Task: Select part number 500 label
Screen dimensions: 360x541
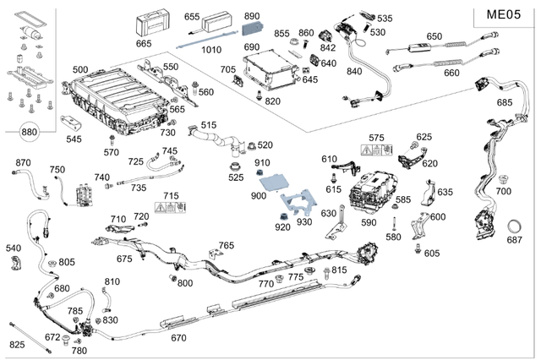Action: (x=80, y=69)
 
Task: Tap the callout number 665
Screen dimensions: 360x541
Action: (x=144, y=43)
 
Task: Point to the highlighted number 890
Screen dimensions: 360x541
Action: (x=252, y=16)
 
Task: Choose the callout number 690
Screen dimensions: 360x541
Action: (x=252, y=47)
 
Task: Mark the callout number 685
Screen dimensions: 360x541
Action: (x=505, y=102)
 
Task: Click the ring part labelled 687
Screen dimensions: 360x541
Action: (x=514, y=226)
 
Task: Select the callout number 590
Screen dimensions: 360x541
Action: (x=369, y=222)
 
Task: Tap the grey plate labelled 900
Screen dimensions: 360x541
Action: (x=275, y=180)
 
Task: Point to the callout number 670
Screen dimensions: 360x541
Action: (x=178, y=337)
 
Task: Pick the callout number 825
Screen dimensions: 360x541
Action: (x=17, y=345)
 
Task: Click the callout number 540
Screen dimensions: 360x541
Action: (x=13, y=248)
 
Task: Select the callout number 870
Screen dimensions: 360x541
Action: (x=23, y=162)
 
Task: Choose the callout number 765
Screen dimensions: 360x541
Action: (x=226, y=245)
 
